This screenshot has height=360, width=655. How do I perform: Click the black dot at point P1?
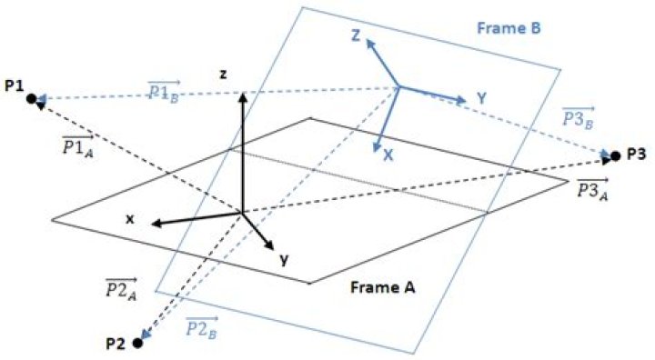[31, 99]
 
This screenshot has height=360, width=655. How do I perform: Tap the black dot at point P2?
[137, 344]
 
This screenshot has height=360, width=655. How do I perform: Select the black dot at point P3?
[615, 156]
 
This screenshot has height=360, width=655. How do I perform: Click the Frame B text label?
[509, 28]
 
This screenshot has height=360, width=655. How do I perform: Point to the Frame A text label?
[383, 287]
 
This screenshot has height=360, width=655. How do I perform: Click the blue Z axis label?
[355, 35]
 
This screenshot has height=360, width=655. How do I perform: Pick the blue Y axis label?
[482, 98]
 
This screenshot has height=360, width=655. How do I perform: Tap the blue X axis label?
[388, 155]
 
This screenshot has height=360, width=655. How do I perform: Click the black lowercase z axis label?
[224, 75]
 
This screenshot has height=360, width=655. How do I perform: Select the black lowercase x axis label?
[130, 219]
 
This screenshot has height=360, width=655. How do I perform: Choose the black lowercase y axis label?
[284, 260]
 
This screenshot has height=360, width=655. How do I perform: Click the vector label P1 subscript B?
[164, 89]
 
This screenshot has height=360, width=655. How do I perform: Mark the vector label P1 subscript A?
[77, 146]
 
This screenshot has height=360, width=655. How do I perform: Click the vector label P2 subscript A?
[121, 288]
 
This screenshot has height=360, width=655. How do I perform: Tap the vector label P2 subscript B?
[201, 327]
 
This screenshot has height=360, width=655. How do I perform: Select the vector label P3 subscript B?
[579, 118]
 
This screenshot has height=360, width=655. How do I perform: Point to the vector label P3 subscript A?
[592, 189]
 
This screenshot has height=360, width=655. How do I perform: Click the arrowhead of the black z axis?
[243, 96]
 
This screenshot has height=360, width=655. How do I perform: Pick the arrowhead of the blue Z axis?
[369, 42]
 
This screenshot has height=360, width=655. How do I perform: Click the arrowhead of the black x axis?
[156, 224]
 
